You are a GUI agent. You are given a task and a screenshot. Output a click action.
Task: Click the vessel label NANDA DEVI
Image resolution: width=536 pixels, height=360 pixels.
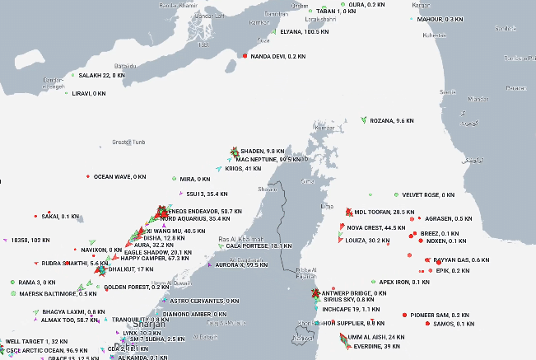277,56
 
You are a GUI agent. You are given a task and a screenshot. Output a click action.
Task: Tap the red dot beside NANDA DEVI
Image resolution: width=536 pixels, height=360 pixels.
245,56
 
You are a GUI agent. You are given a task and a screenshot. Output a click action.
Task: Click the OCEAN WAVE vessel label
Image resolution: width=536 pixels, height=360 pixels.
119,176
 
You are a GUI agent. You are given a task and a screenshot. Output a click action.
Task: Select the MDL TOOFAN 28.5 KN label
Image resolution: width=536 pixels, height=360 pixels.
384,212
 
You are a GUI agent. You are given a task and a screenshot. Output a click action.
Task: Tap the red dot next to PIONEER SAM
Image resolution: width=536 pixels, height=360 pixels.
404,315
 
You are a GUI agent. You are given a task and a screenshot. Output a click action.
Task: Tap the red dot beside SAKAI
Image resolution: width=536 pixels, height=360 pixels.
34,217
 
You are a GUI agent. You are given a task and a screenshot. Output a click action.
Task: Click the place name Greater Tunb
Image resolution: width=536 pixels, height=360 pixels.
127,141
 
